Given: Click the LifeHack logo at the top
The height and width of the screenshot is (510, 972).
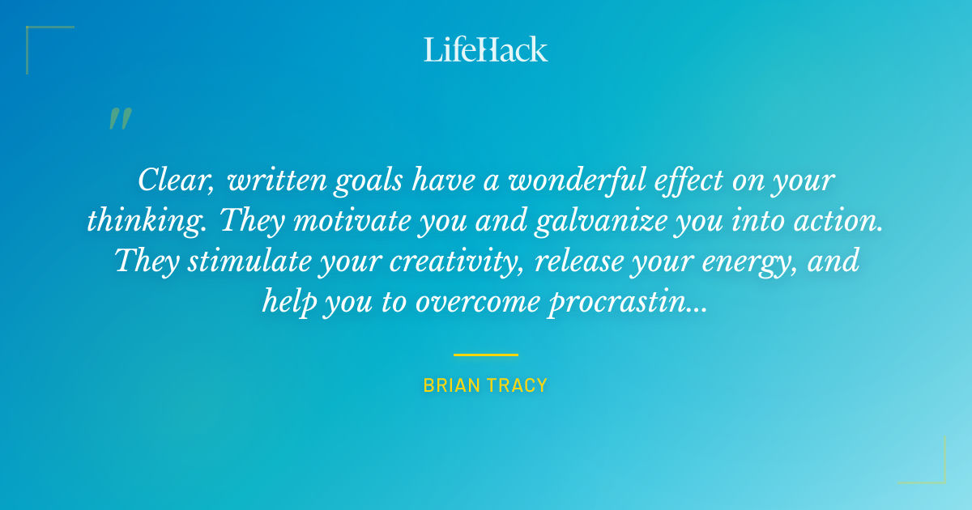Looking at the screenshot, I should point(486,49).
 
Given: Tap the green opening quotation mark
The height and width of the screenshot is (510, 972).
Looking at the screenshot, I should point(120,119).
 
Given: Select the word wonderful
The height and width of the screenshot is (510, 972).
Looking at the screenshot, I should point(590,180).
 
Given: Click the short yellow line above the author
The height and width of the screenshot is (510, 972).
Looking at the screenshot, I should point(486,355).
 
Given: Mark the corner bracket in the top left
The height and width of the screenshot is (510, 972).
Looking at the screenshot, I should point(32,32).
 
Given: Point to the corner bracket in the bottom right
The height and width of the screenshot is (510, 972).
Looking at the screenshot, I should point(940,478).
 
